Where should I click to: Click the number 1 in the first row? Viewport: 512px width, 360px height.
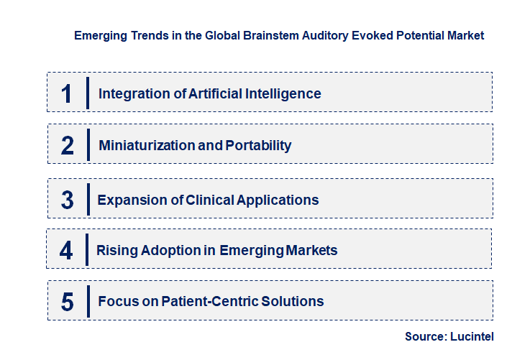67,93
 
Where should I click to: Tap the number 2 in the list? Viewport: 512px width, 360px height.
68,145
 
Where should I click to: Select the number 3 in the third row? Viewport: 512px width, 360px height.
68,200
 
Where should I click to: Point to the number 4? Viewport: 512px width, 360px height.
66,250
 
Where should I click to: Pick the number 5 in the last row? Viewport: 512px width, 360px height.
68,302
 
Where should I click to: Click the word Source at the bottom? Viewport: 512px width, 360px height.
424,336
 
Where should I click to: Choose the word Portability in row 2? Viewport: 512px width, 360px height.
258,145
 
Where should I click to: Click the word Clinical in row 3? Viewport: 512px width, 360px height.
211,200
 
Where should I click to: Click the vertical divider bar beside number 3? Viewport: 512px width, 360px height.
88,199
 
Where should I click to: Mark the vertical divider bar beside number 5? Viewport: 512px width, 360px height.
88,301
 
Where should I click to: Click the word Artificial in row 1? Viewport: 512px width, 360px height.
216,93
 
